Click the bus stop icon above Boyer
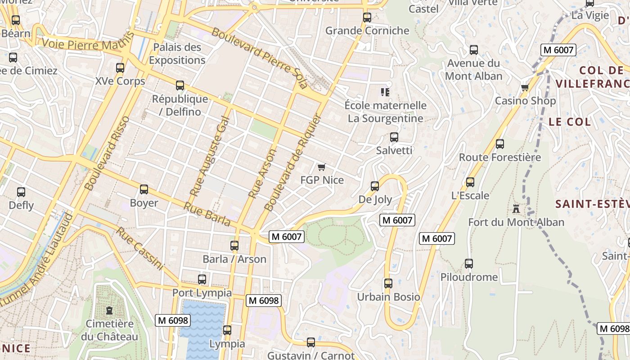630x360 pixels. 144,189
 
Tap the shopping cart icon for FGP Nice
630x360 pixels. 321,167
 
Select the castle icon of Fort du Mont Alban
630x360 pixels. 516,209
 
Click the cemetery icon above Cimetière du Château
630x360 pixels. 109,310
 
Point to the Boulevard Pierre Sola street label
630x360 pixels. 259,57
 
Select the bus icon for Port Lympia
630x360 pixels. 202,279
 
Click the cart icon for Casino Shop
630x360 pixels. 525,88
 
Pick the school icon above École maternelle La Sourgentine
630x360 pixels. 385,92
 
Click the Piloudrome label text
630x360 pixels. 469,277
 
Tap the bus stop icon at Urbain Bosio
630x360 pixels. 388,283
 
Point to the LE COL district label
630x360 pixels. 569,121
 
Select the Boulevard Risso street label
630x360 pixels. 107,153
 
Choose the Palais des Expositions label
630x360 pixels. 177,54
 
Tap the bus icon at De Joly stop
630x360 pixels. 375,186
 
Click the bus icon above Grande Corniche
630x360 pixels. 367,18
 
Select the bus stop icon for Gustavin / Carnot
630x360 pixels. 311,342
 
